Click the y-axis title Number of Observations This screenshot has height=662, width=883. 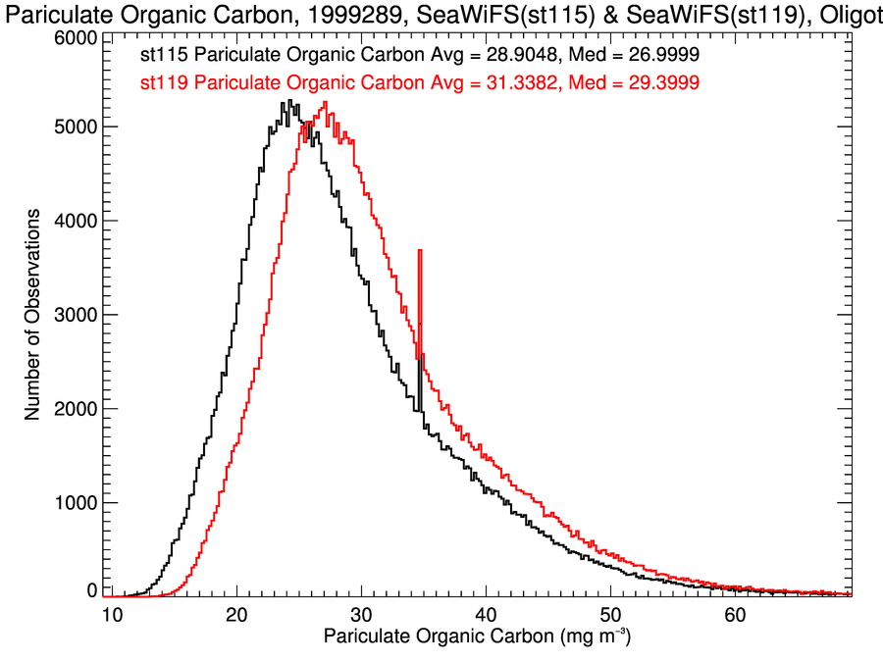(x=32, y=315)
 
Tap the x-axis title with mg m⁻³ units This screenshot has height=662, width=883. (x=477, y=638)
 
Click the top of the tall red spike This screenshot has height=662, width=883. (x=420, y=251)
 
